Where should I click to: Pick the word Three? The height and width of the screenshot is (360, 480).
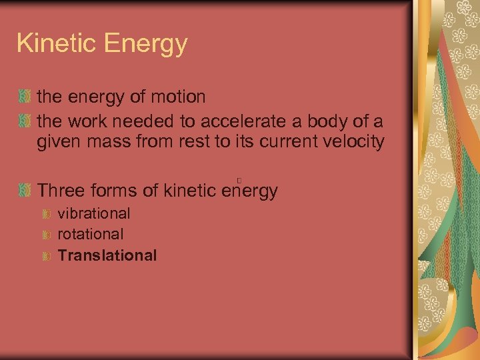pyautogui.click(x=62, y=191)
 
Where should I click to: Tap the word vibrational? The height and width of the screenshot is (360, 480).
pyautogui.click(x=94, y=214)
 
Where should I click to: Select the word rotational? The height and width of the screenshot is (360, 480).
pyautogui.click(x=91, y=235)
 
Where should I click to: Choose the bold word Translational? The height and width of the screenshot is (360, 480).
pyautogui.click(x=107, y=255)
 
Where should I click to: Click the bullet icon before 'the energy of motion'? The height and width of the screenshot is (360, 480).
pyautogui.click(x=25, y=97)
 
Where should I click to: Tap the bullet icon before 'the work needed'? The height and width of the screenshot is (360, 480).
pyautogui.click(x=25, y=121)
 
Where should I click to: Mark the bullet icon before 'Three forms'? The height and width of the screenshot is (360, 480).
pyautogui.click(x=25, y=191)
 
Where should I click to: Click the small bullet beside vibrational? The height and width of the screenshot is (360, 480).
pyautogui.click(x=47, y=215)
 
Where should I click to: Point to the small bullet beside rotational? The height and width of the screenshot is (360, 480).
pyautogui.click(x=47, y=235)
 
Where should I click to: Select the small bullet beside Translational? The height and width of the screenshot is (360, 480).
pyautogui.click(x=47, y=256)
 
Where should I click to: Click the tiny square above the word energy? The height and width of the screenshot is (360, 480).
pyautogui.click(x=238, y=180)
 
